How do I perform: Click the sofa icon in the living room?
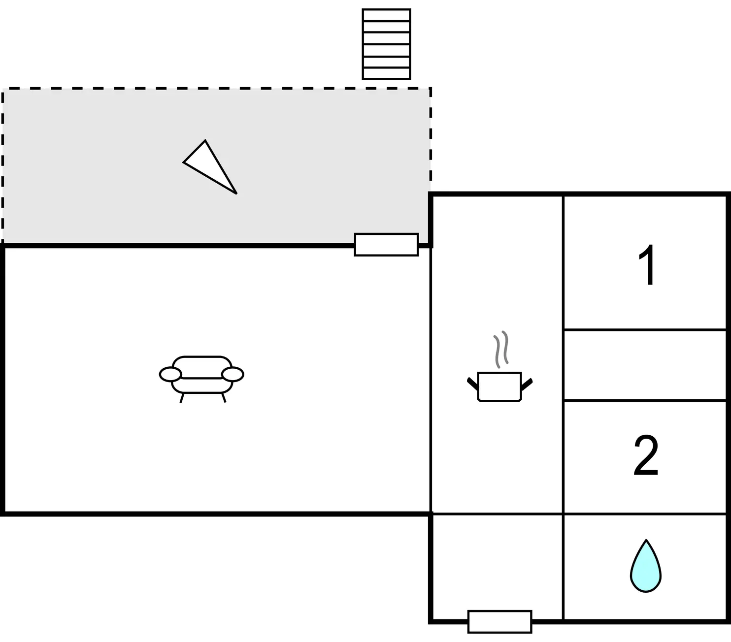[x=201, y=379]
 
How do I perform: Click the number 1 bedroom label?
[x=647, y=264]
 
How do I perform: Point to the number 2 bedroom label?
[x=646, y=455]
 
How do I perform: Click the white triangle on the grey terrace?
[x=210, y=166]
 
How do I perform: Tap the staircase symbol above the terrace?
[x=386, y=44]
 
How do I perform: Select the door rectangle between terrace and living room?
[x=386, y=245]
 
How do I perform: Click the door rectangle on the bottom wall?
[x=499, y=621]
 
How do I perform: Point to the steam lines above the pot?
[x=501, y=349]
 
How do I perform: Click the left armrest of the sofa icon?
[x=170, y=374]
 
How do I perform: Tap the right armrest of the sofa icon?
[x=233, y=374]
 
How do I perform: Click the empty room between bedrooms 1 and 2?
[x=645, y=365]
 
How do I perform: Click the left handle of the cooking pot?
[x=473, y=384]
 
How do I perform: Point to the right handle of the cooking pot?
[x=527, y=384]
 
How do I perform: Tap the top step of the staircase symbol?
[x=386, y=15]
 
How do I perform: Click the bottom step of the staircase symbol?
[x=386, y=73]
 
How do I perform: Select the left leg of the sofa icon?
[x=182, y=398]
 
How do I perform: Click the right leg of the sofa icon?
[x=224, y=398]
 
